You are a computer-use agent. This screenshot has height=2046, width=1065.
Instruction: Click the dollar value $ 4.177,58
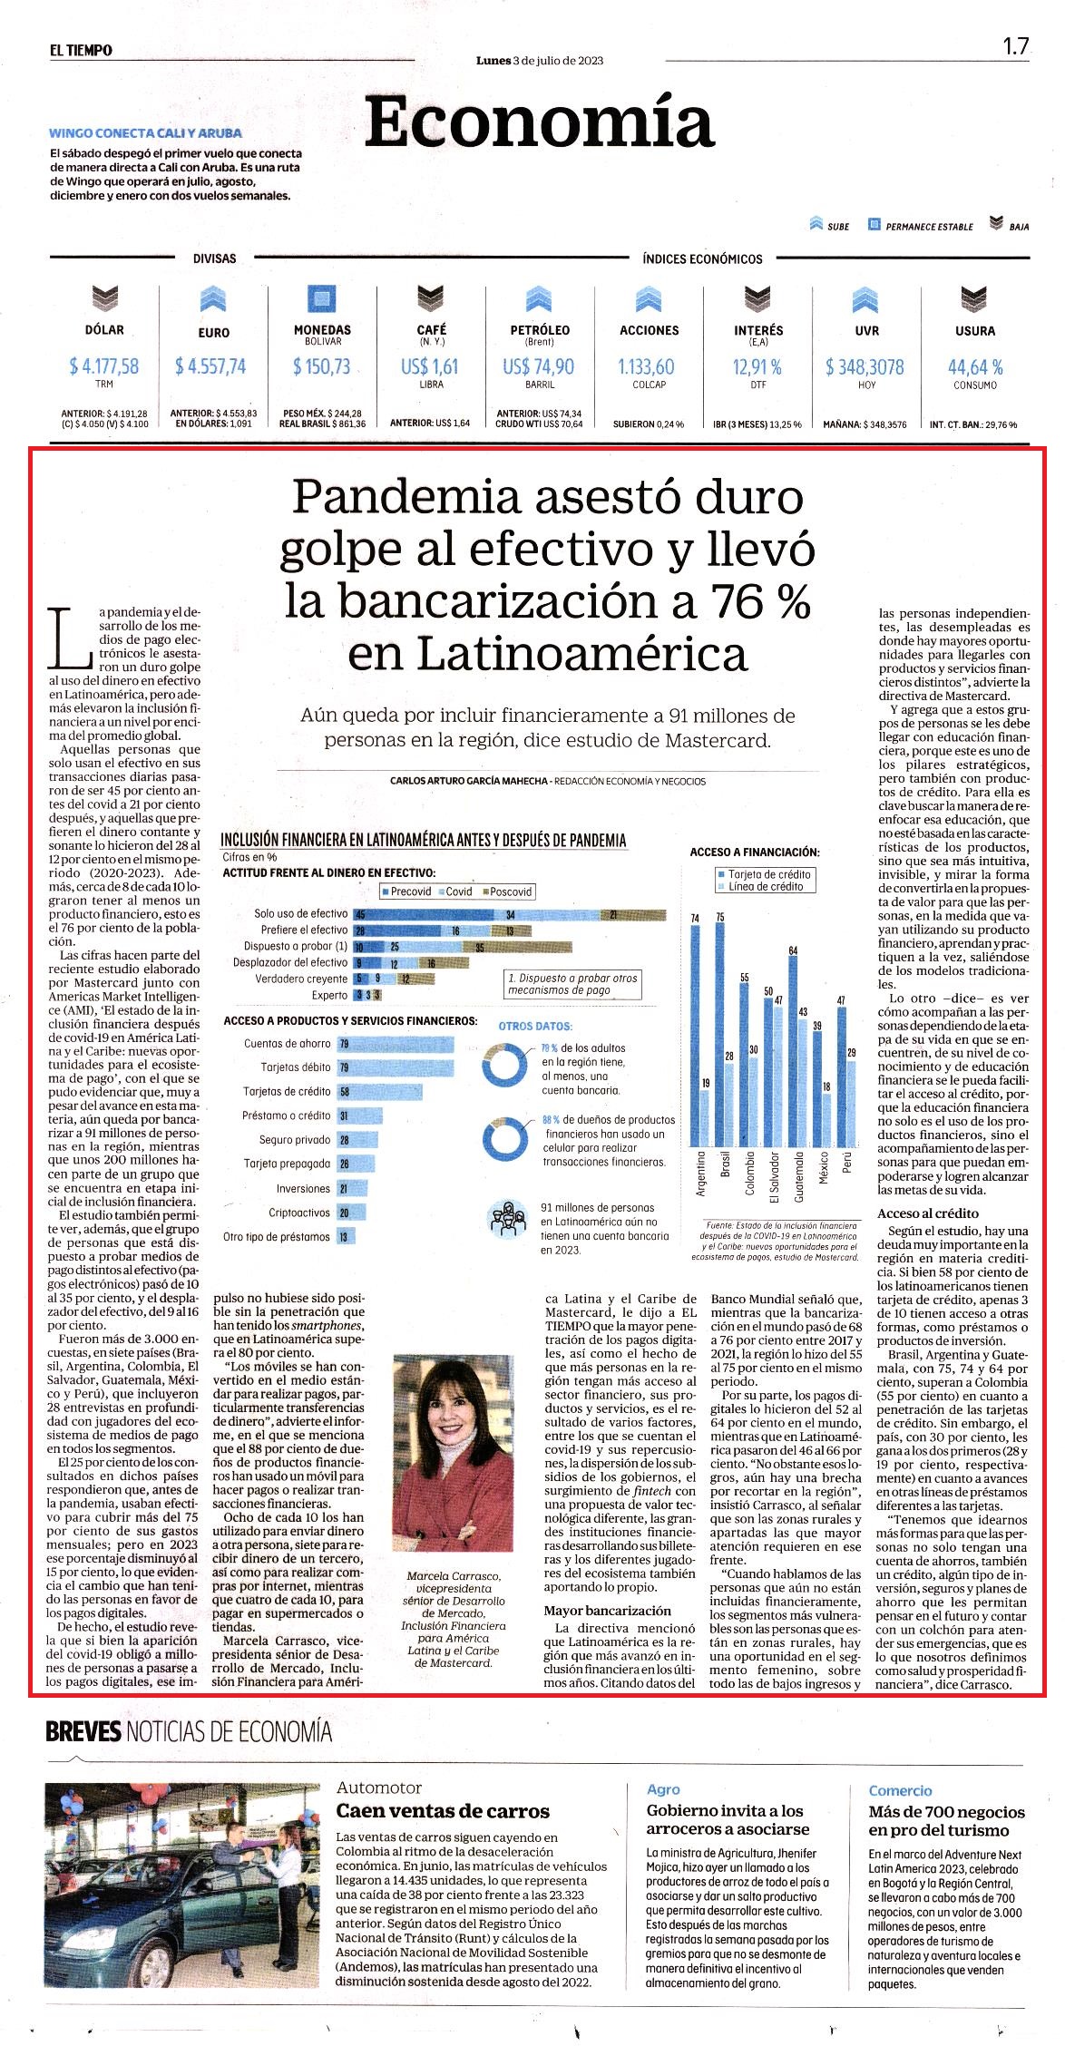[x=104, y=366]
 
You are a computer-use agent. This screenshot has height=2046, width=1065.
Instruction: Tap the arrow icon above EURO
[x=212, y=299]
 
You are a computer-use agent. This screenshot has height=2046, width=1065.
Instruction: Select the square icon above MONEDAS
[x=322, y=299]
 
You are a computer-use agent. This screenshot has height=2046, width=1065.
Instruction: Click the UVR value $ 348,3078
[x=865, y=366]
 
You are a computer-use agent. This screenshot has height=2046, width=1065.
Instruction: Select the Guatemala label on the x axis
[x=798, y=1176]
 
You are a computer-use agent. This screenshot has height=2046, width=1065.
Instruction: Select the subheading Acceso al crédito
[x=928, y=1213]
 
